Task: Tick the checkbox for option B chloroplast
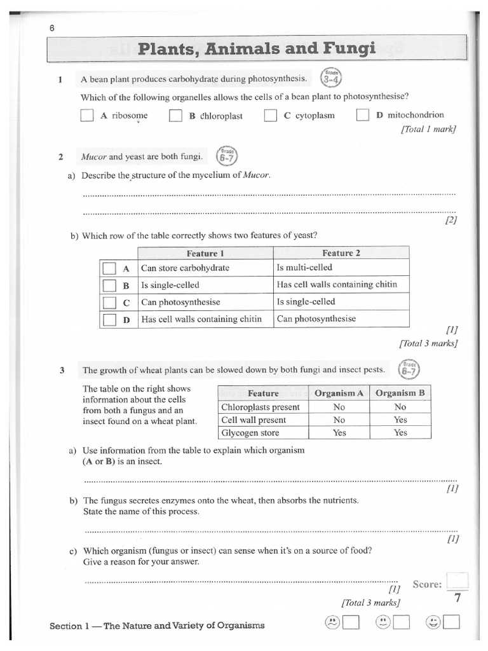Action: tap(175, 116)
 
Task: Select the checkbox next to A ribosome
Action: tap(87, 116)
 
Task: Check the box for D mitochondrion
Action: tap(363, 115)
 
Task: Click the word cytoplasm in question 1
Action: tap(315, 116)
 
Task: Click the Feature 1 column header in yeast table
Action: tap(205, 253)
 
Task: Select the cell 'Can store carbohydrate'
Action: tap(186, 268)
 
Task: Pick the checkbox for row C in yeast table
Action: tap(109, 303)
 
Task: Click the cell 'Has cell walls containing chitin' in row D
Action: tap(201, 319)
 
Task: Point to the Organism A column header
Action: tap(339, 393)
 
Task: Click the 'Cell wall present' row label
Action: tap(254, 420)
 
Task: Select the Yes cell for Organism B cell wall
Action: tap(400, 420)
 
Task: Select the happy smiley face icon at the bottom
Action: tap(434, 622)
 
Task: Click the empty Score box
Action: tap(457, 582)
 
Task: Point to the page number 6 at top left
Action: tap(52, 27)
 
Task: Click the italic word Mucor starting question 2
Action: tap(93, 156)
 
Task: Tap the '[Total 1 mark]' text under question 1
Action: tap(428, 129)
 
